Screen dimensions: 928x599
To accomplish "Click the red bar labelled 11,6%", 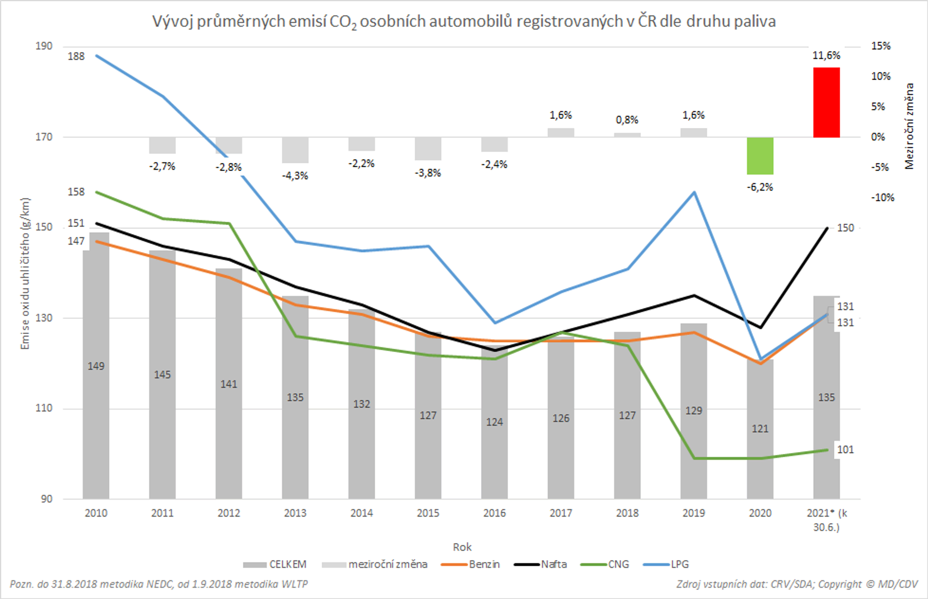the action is point(826,102).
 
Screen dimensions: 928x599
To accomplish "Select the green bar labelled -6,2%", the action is point(759,156).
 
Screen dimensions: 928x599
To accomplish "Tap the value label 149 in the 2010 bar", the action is point(96,366).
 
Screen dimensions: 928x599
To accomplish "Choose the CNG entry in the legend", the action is point(605,564).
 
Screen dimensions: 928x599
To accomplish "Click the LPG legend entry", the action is point(666,564).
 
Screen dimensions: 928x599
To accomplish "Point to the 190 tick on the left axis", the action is point(44,46).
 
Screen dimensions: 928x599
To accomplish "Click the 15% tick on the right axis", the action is point(881,46).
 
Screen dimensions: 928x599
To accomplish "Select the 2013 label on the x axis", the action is point(295,513).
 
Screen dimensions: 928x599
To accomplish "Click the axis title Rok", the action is point(462,547).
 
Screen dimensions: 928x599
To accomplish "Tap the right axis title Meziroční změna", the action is point(909,126).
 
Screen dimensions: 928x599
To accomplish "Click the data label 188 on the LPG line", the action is point(76,56).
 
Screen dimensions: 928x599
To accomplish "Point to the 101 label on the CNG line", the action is point(845,450).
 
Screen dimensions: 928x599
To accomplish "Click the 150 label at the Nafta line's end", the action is point(845,228).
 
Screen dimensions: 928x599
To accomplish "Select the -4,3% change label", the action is point(295,176).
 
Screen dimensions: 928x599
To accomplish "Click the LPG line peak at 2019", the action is point(694,192).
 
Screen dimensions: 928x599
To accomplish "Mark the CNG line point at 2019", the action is point(694,458).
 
